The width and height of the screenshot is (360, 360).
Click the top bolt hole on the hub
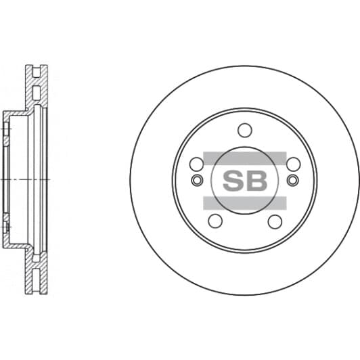coord(245,131)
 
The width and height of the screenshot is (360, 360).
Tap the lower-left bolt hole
coord(215,221)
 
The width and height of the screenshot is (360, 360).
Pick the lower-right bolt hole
coord(275,221)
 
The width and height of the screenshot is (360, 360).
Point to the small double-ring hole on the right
coord(292,180)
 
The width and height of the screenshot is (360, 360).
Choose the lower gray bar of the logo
coord(245,202)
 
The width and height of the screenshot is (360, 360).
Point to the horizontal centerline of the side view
coord(27,179)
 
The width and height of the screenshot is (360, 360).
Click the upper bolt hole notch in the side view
coord(7,133)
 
